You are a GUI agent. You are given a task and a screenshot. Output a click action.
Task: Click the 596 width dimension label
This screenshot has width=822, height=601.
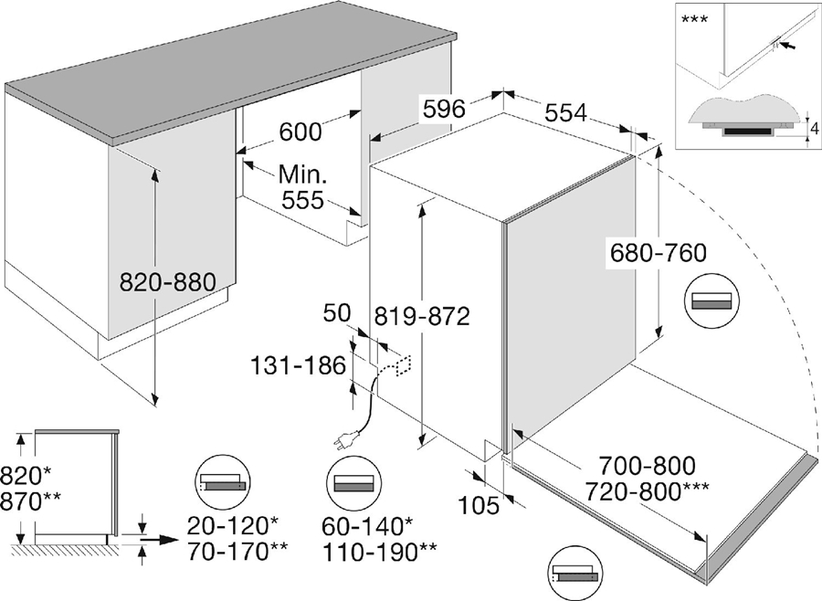443,109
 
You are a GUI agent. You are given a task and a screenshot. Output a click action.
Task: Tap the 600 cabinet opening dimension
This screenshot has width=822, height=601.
299,132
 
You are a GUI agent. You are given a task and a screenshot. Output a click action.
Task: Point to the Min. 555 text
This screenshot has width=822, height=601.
301,187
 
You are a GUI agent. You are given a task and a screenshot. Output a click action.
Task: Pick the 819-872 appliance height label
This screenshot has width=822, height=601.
422,316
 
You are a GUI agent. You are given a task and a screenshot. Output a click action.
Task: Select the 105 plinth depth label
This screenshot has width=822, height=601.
479,504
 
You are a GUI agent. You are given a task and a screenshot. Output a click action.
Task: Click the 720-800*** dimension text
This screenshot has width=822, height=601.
663,492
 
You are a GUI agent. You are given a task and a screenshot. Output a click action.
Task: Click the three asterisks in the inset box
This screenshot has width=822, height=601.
695,18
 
